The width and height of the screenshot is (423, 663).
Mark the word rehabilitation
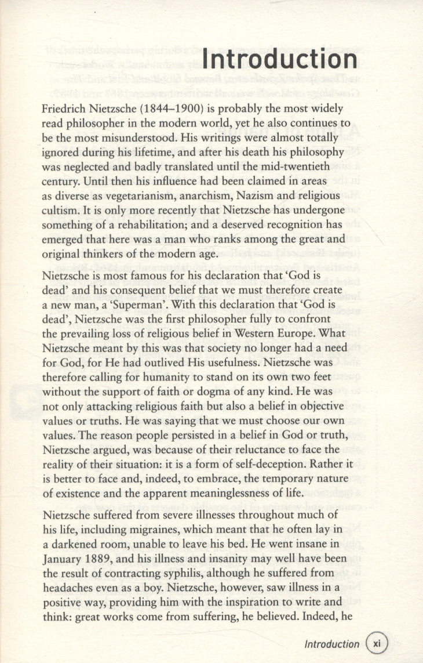(161, 224)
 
